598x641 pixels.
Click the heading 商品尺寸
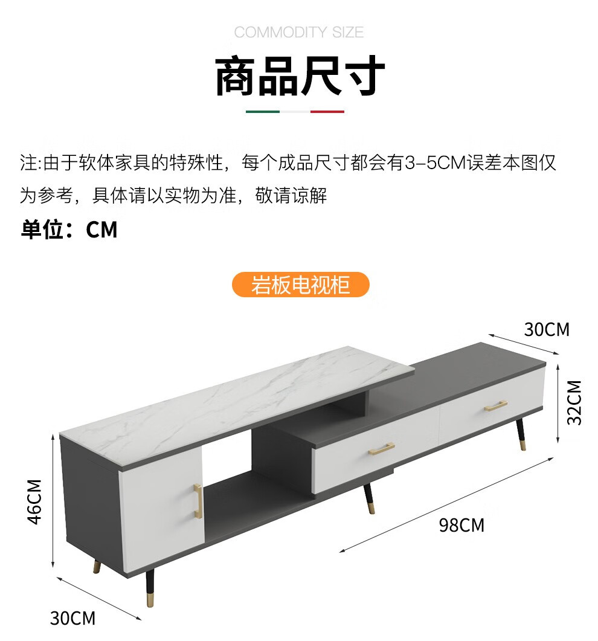300,76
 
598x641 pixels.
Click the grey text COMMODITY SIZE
299,33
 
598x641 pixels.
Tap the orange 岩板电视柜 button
300,285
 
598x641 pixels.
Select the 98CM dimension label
461,525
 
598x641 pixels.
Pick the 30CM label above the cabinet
547,329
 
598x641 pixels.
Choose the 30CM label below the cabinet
72,618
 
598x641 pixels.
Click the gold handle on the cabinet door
197,501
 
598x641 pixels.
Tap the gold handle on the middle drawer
382,449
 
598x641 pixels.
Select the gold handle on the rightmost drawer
496,406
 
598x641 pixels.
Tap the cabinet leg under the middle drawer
368,499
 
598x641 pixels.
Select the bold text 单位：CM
69,230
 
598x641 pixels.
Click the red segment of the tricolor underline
327,112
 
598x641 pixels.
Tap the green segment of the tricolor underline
263,112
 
